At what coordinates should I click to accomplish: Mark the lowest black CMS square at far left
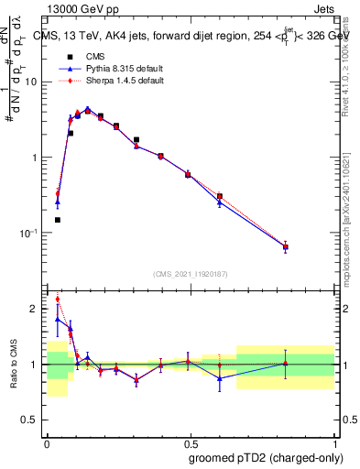pyautogui.click(x=58, y=220)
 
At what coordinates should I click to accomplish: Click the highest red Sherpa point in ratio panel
pyautogui.click(x=58, y=299)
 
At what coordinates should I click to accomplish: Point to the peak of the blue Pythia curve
pyautogui.click(x=88, y=108)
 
